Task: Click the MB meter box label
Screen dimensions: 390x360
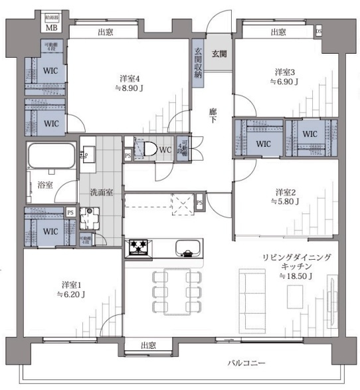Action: point(51,28)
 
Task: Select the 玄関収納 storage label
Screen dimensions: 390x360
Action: point(198,63)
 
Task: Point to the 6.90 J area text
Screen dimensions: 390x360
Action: point(285,82)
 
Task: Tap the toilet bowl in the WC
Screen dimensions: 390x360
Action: point(149,149)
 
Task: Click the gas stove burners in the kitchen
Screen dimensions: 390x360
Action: point(139,247)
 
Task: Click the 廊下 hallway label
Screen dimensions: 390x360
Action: point(213,115)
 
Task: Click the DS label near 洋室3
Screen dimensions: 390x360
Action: point(319,31)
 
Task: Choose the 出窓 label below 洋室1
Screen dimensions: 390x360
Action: point(149,345)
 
